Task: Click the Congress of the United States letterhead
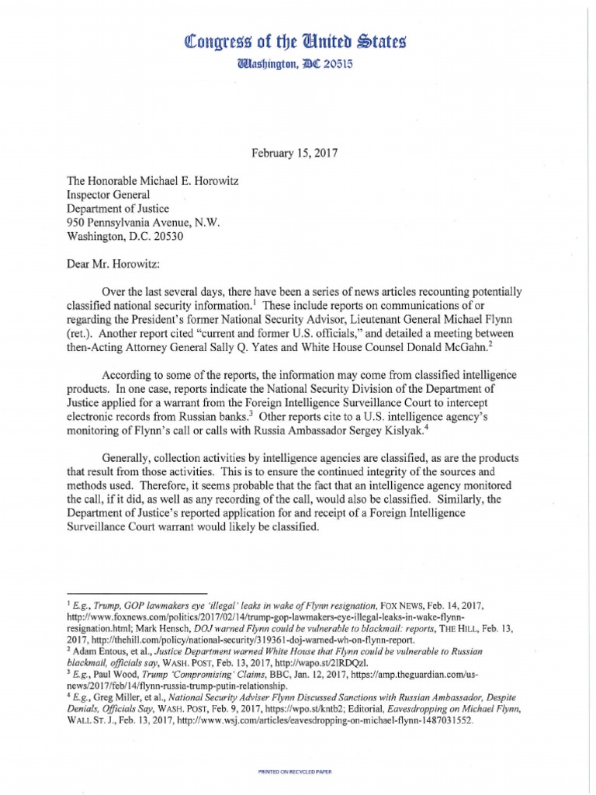pyautogui.click(x=299, y=40)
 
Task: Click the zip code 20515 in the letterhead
pyautogui.click(x=338, y=66)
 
